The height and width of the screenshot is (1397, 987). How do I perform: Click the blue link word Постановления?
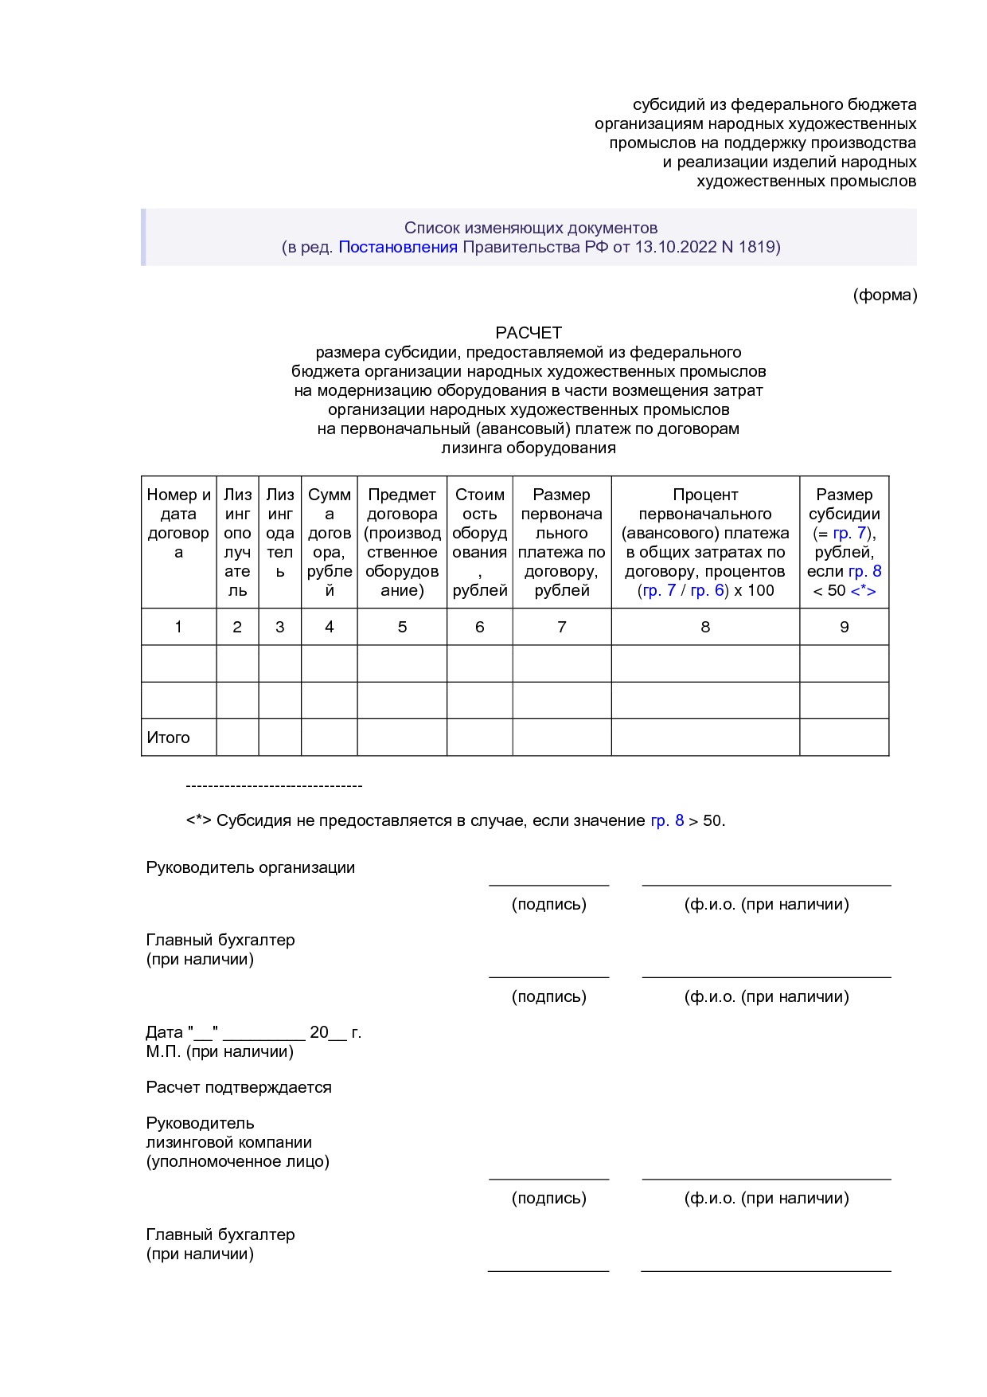(x=398, y=247)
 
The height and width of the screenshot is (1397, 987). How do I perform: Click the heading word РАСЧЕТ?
(x=529, y=333)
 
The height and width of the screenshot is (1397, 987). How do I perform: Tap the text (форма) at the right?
(x=884, y=295)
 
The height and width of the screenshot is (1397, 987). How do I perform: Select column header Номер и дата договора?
(x=178, y=524)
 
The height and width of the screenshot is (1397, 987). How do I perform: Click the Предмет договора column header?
(x=402, y=542)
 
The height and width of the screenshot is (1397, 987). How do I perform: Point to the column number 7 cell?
(x=561, y=628)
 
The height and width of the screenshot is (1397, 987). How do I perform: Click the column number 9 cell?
(x=844, y=628)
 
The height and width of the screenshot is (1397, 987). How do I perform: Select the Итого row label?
(x=168, y=738)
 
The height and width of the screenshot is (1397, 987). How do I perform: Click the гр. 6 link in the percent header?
(x=707, y=591)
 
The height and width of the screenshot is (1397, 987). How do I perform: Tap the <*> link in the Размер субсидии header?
(x=863, y=591)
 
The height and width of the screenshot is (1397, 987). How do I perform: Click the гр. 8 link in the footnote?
(x=667, y=821)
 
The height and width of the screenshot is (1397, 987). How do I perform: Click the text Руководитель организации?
(x=250, y=868)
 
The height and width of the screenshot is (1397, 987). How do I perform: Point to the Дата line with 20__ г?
(x=253, y=1033)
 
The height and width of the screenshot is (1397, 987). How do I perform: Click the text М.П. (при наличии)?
(x=220, y=1052)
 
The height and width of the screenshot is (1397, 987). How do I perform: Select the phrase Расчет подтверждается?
(x=239, y=1088)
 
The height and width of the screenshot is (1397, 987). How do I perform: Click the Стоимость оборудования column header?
(x=479, y=542)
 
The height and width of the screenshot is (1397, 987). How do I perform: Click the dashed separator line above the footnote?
(x=274, y=786)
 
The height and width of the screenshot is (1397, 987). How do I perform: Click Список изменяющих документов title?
(x=530, y=228)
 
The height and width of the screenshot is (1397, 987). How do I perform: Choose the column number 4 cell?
(x=329, y=628)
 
